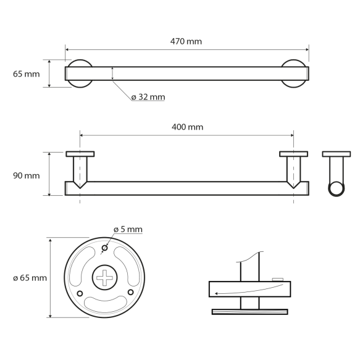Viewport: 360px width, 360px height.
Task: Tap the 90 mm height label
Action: [26, 175]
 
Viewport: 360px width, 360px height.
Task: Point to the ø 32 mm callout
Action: [148, 97]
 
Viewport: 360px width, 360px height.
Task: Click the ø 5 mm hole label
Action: [128, 229]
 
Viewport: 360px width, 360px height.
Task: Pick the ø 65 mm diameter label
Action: [29, 278]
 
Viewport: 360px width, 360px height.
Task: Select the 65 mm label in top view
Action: [26, 74]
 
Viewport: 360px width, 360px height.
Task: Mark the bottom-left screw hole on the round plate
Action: [80, 292]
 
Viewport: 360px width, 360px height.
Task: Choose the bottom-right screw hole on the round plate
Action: [130, 292]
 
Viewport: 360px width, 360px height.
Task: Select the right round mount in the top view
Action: [293, 73]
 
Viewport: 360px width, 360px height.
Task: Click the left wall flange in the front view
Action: [80, 154]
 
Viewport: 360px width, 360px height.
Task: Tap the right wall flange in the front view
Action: [293, 154]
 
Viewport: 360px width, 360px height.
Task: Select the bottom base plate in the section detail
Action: [249, 311]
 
